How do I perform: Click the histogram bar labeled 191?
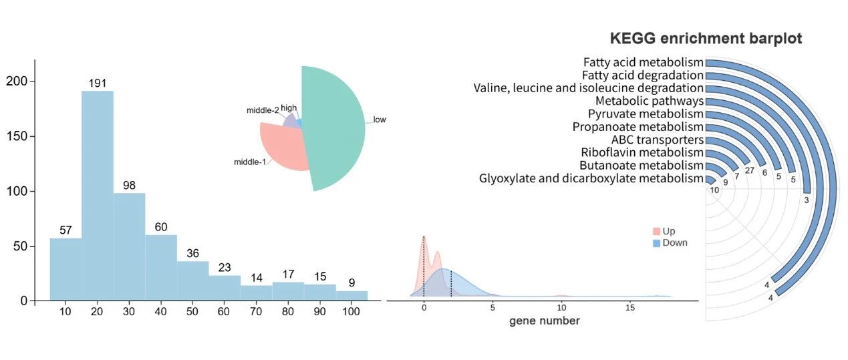click(x=98, y=196)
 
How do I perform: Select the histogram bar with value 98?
click(x=130, y=247)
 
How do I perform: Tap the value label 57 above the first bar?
click(x=65, y=230)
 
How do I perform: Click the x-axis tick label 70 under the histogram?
click(x=256, y=311)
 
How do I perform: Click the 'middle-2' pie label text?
click(x=263, y=110)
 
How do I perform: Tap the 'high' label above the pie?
click(x=289, y=108)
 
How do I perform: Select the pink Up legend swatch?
click(x=656, y=231)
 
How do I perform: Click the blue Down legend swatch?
click(x=656, y=243)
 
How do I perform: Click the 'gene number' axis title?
click(x=545, y=321)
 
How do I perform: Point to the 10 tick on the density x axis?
click(x=561, y=308)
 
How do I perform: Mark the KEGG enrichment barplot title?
click(x=706, y=38)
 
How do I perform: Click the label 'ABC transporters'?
click(x=658, y=140)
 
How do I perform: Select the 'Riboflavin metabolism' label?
click(x=642, y=152)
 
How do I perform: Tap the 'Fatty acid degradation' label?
click(x=643, y=75)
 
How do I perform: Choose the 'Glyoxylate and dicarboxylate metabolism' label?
click(x=591, y=178)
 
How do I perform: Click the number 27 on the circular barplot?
click(x=750, y=170)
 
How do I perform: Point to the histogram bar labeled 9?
click(x=352, y=296)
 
